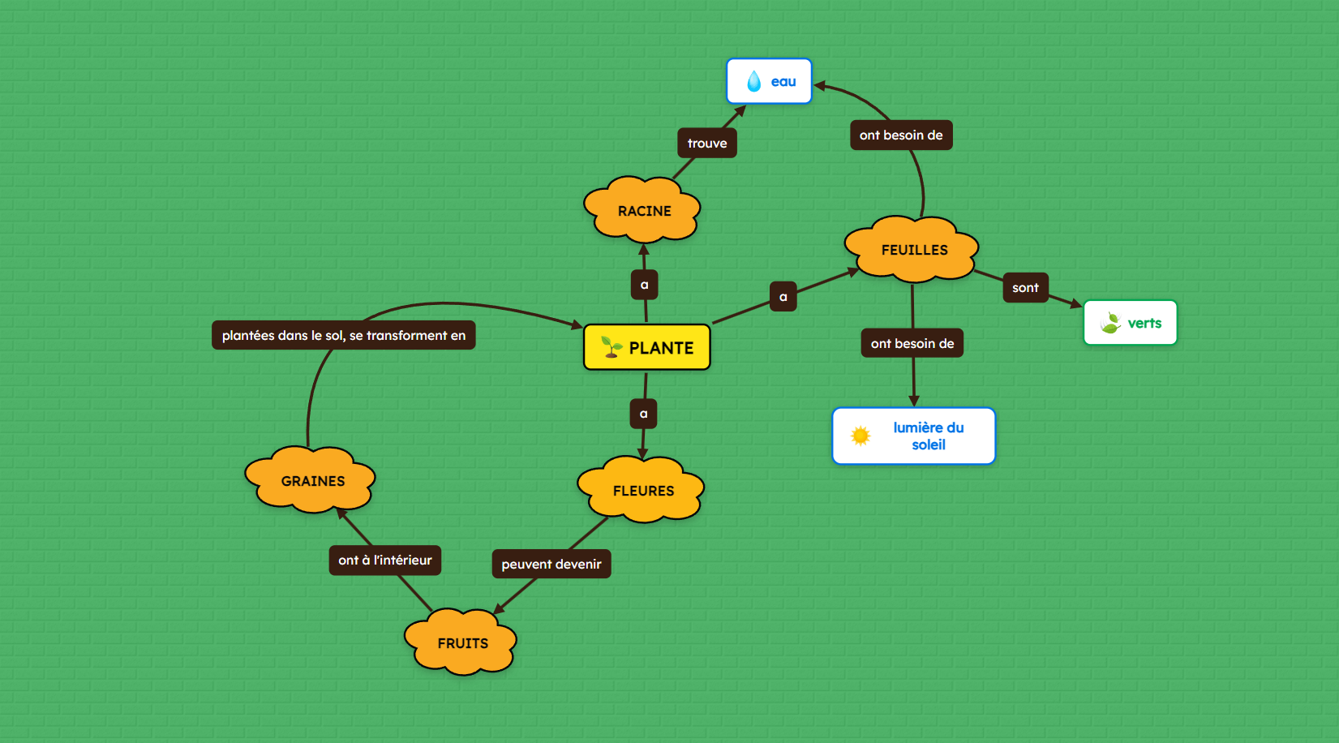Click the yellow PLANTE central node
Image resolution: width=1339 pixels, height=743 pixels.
click(x=646, y=347)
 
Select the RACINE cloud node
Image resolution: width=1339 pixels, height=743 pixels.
click(x=643, y=211)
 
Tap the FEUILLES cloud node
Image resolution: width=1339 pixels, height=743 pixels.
click(x=913, y=250)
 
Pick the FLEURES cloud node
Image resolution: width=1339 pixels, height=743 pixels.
click(x=642, y=491)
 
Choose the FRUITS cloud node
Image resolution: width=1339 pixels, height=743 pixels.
click(x=461, y=643)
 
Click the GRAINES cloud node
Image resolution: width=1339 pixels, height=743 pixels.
click(x=312, y=481)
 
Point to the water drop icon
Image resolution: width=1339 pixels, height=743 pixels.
click(x=753, y=81)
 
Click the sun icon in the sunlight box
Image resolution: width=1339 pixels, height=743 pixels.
click(x=860, y=436)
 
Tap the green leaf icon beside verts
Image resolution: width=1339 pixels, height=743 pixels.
click(x=1109, y=323)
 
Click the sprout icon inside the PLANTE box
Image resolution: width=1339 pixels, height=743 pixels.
click(x=611, y=347)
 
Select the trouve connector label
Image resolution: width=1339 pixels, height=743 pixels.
click(x=706, y=144)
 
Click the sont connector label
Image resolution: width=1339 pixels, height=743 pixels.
click(x=1025, y=288)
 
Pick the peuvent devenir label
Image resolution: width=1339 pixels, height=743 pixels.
click(x=551, y=564)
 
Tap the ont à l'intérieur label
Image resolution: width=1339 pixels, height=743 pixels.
click(x=384, y=560)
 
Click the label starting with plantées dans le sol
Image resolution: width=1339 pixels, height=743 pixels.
click(x=343, y=335)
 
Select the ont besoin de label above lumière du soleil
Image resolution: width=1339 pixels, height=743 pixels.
click(x=912, y=343)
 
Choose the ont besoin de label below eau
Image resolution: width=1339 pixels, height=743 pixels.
click(x=900, y=135)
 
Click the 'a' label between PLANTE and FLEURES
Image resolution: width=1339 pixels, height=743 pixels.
click(x=643, y=414)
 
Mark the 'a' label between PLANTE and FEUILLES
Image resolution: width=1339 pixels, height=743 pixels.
click(x=783, y=297)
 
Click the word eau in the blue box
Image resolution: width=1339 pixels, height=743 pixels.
click(x=783, y=81)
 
